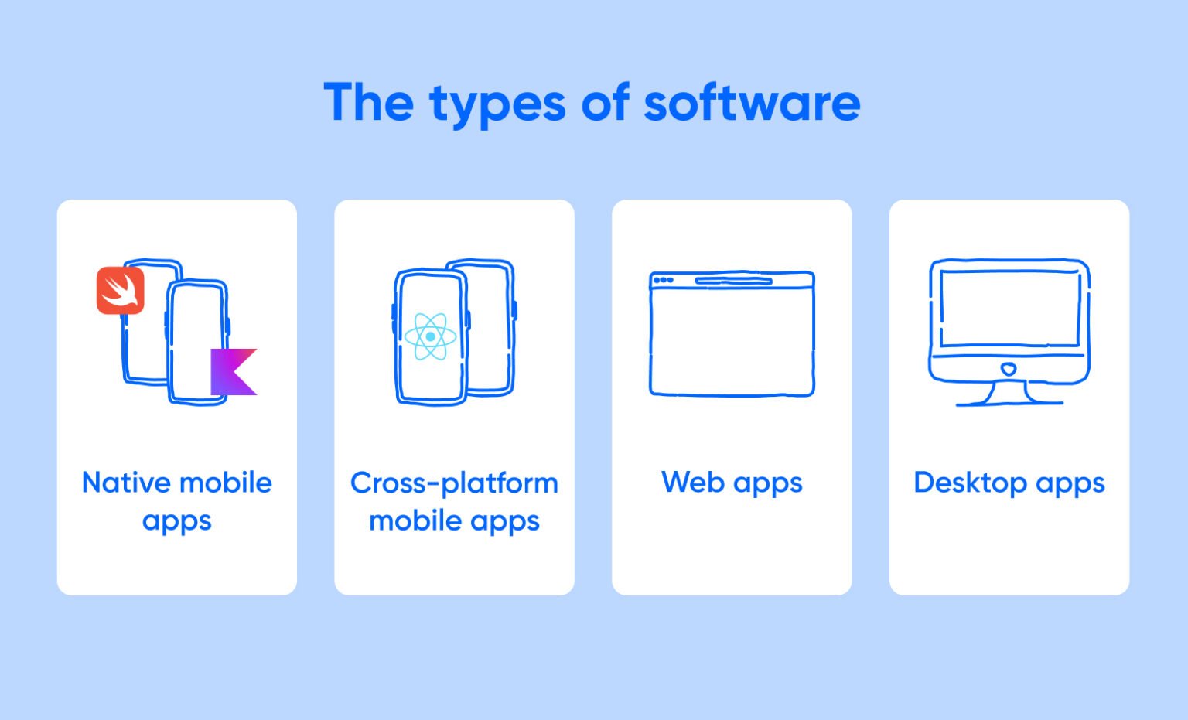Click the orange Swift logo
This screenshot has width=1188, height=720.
120,290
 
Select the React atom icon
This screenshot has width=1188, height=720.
430,336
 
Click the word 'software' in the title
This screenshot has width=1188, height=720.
752,102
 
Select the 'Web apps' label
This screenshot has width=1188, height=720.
732,483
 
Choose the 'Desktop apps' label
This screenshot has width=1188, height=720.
1009,483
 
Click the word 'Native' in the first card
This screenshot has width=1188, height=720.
126,483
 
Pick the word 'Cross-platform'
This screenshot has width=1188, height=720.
454,483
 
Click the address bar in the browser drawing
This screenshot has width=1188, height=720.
733,281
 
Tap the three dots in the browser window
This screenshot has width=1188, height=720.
663,280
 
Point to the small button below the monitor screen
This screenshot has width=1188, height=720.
1008,369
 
